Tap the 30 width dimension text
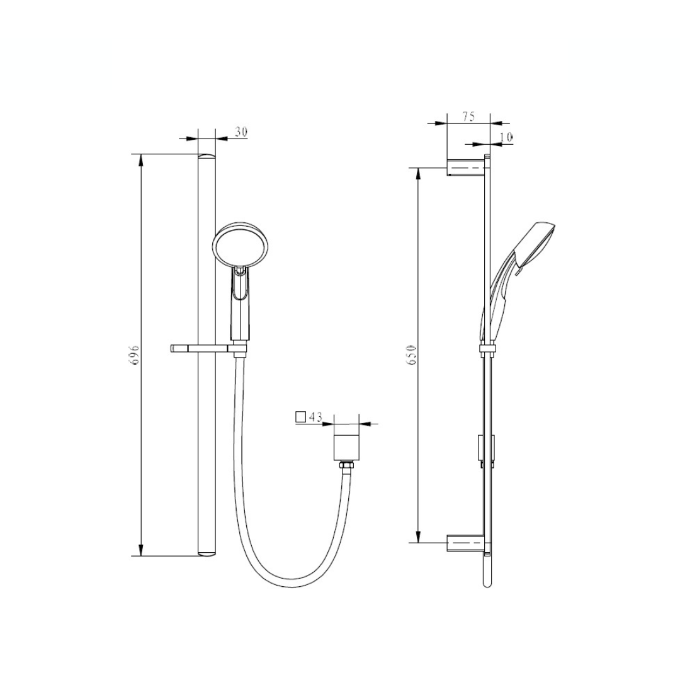coord(241,132)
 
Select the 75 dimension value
coord(468,116)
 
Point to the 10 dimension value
coord(506,137)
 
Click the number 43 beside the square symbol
coord(315,417)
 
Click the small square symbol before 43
coord(300,416)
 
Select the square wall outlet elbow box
coord(346,446)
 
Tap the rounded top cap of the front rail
coord(206,156)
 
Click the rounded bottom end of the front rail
coord(206,553)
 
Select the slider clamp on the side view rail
coord(487,349)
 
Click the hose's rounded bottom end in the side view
coord(487,582)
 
